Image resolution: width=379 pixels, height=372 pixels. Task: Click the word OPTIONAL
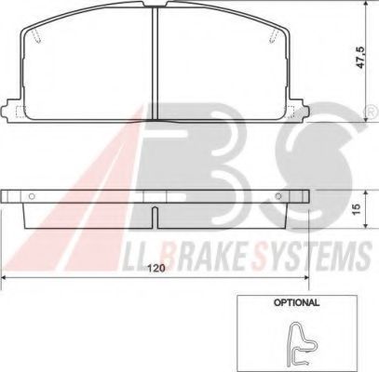point(296,302)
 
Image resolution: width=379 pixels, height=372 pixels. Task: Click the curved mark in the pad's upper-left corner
point(35,36)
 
